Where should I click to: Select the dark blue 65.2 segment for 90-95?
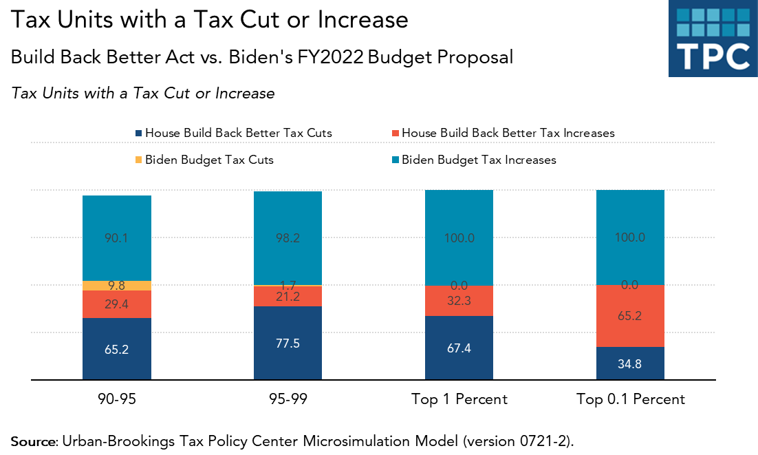(117, 348)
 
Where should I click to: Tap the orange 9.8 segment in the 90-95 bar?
(117, 286)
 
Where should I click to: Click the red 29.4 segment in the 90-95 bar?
(117, 304)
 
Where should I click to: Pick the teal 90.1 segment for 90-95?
(117, 238)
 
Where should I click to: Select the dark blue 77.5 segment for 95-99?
(288, 343)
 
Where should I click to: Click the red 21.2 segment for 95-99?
(288, 296)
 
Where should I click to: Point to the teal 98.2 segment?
(288, 238)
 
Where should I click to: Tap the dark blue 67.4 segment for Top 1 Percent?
(459, 348)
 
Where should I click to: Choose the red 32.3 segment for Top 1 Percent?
(459, 301)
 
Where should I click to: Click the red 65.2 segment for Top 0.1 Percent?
(630, 316)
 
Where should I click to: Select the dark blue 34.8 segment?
(630, 363)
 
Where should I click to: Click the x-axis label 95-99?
(288, 399)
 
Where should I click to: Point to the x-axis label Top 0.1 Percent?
(630, 399)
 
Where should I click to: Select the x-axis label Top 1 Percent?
(459, 399)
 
